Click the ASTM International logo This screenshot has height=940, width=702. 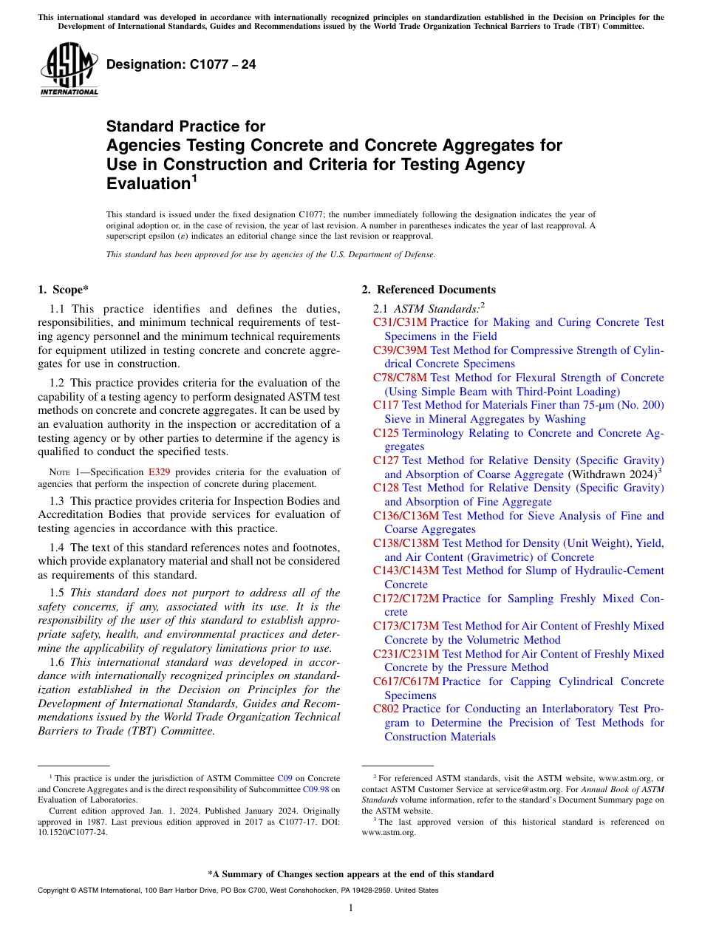click(69, 69)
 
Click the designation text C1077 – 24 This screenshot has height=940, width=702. click(181, 64)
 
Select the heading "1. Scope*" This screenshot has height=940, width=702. click(64, 290)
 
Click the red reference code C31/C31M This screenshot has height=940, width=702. click(400, 322)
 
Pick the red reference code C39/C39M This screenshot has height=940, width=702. click(400, 350)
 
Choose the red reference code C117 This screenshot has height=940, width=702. click(386, 405)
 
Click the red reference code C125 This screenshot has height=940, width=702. click(386, 433)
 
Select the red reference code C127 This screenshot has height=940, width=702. click(386, 460)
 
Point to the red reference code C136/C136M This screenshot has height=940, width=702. click(406, 516)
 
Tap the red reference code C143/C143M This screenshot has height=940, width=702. click(406, 571)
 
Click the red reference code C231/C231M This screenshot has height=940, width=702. click(406, 654)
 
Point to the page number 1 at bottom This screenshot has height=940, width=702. click(351, 907)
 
